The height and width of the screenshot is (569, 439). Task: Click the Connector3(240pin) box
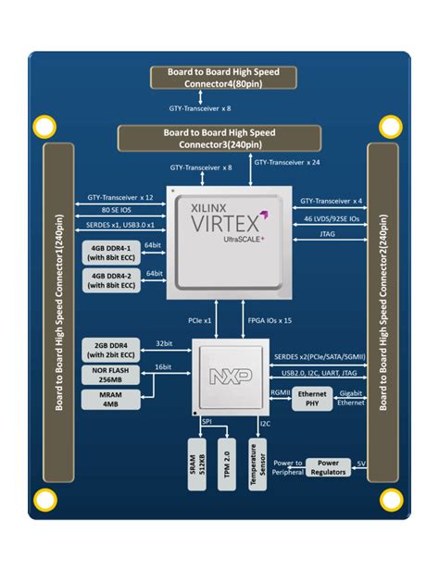[219, 139]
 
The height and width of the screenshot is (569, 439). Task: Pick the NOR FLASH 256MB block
[110, 374]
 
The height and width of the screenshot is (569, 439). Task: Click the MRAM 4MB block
[110, 400]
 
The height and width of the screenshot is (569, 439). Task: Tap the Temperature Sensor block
[260, 462]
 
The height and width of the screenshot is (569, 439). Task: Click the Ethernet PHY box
[314, 400]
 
